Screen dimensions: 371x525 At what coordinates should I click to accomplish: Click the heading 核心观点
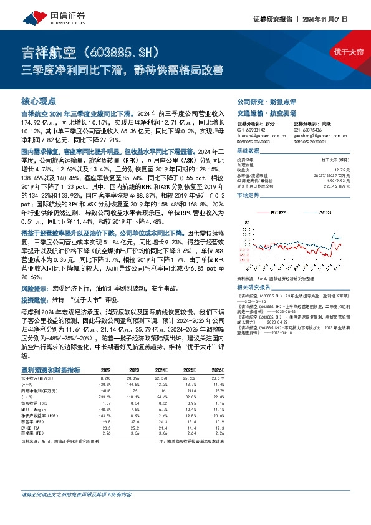coord(39,100)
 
